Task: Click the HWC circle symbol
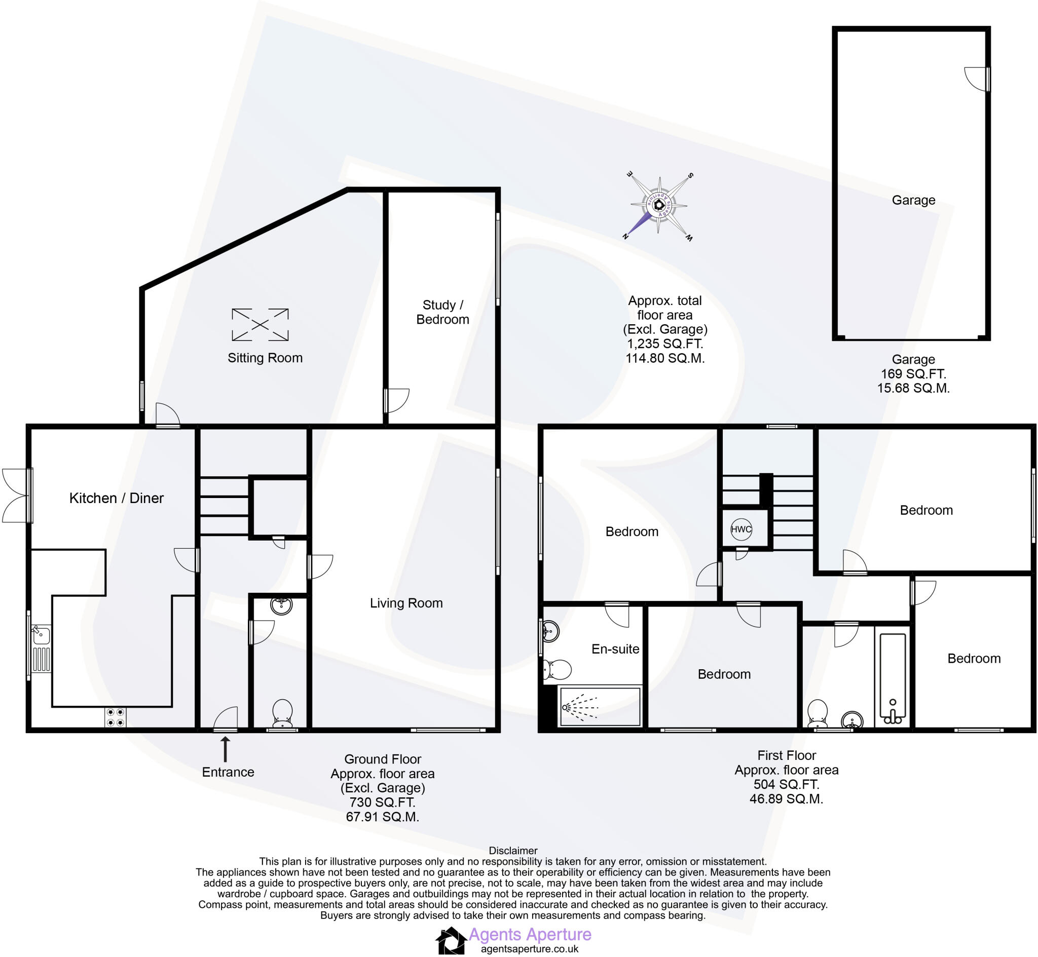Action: coord(740,529)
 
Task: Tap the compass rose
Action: coord(659,206)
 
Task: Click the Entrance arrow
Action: coord(225,749)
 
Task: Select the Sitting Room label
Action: coord(265,358)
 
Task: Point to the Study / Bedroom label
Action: coord(442,312)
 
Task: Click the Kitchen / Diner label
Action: coord(117,498)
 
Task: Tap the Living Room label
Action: coord(406,603)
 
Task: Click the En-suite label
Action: coord(615,649)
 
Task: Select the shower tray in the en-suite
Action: coord(600,706)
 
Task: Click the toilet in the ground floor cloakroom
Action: coord(282,713)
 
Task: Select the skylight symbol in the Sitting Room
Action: coord(260,325)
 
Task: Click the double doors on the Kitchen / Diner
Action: coord(17,495)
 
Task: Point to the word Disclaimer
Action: coord(513,850)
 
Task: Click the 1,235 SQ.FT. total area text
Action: coord(664,343)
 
